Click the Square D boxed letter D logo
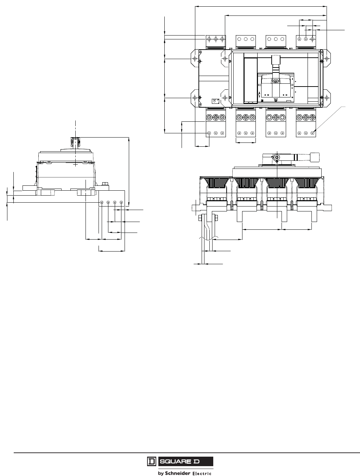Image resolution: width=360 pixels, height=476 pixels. (151, 462)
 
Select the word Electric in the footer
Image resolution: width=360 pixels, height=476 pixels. (202, 473)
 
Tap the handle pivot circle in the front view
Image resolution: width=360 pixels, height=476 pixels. (277, 157)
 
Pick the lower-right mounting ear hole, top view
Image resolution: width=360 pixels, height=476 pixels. (327, 97)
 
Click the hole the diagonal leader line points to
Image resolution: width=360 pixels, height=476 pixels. (312, 133)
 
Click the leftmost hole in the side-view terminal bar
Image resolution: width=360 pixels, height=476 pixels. (102, 203)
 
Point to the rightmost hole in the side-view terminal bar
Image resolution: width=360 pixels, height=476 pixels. (121, 203)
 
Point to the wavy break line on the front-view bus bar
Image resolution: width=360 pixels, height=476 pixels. (208, 239)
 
